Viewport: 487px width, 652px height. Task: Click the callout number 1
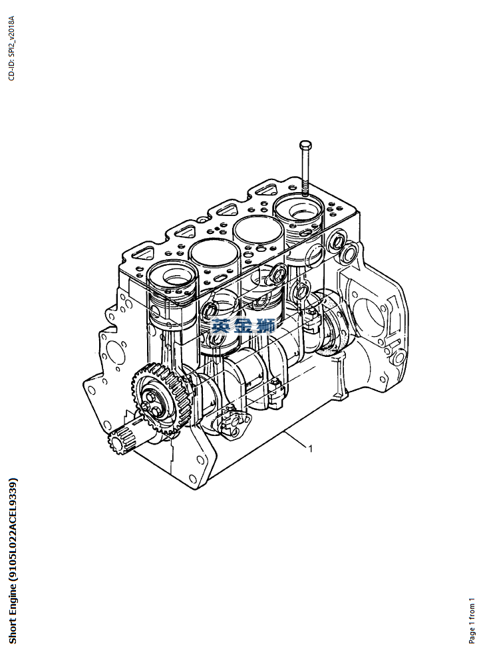(310, 449)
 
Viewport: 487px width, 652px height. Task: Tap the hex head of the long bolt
(305, 145)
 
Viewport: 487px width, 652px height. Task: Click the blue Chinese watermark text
(243, 325)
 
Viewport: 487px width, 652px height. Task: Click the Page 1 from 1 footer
(472, 621)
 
